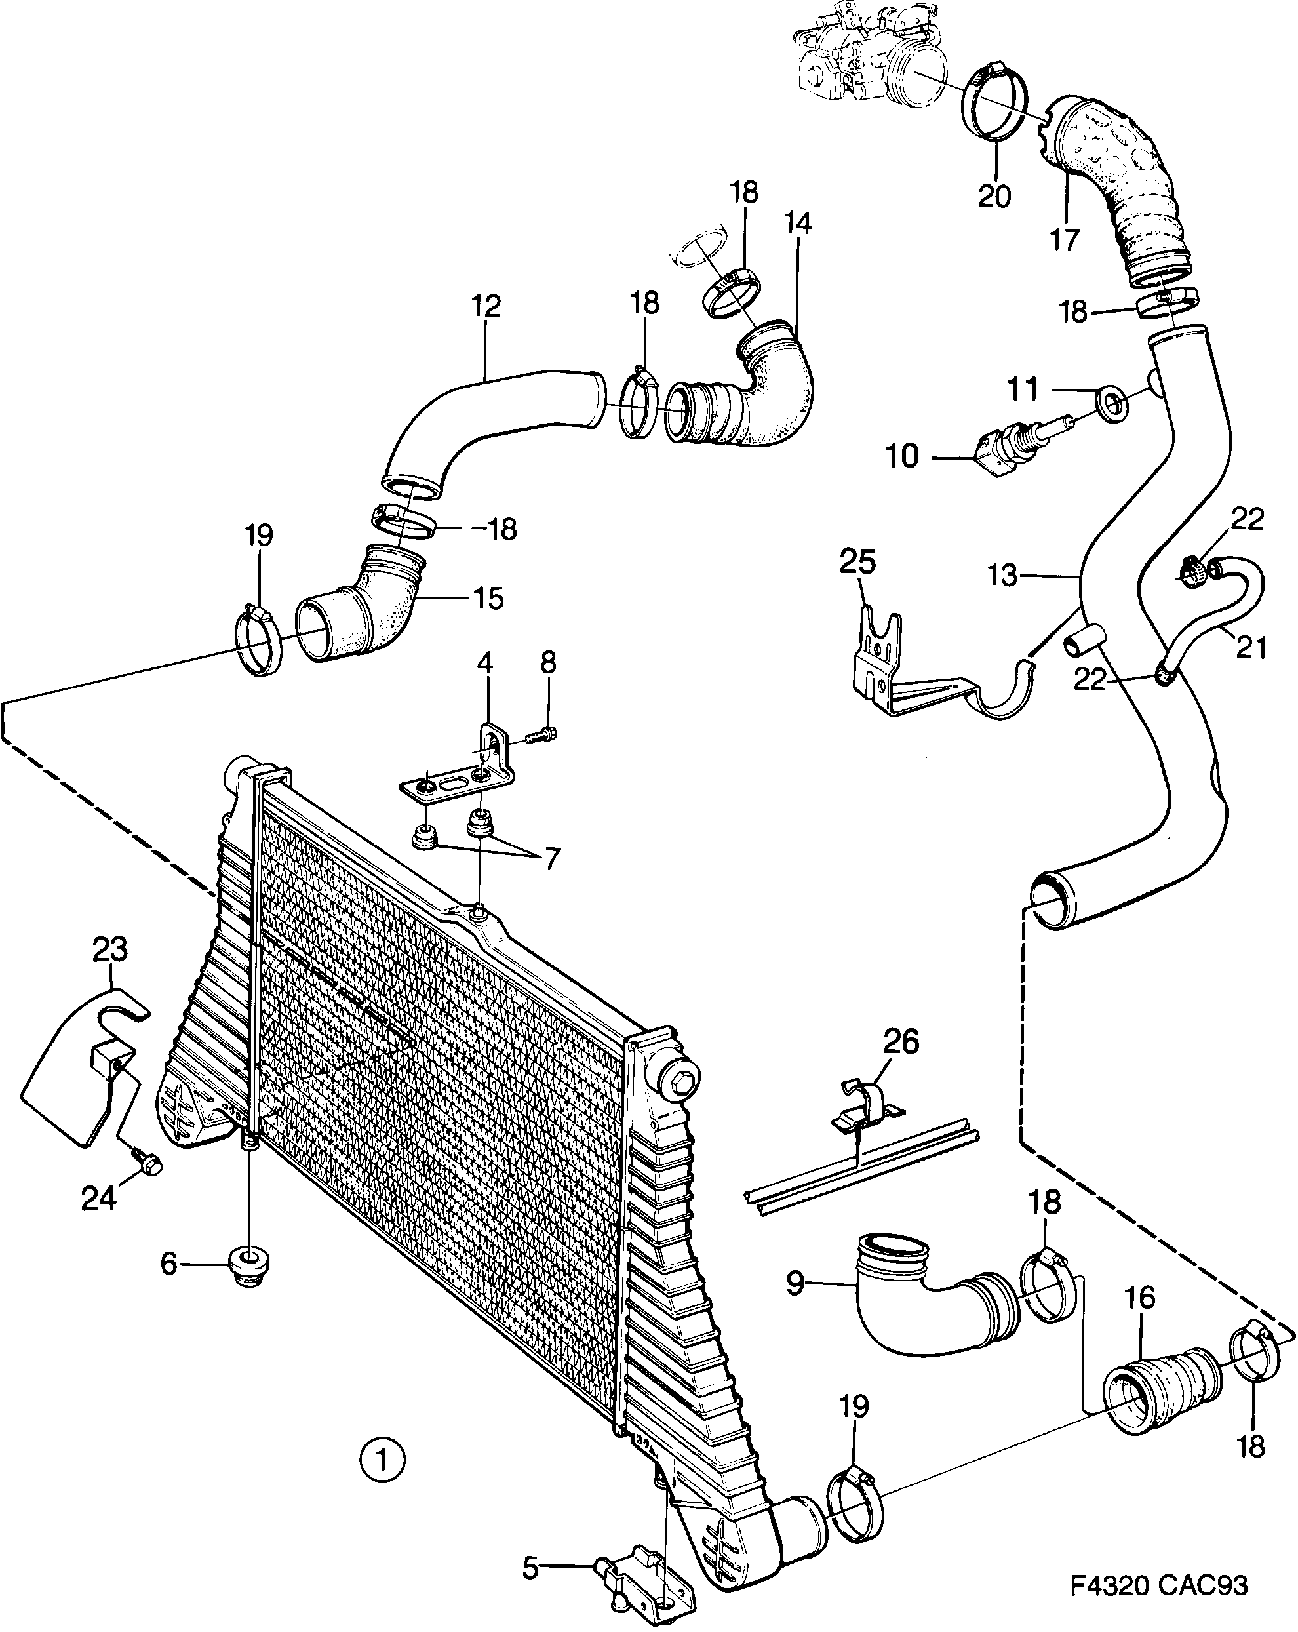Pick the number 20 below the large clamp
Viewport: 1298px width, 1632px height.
pyautogui.click(x=994, y=196)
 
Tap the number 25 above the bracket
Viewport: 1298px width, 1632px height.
pyautogui.click(x=857, y=563)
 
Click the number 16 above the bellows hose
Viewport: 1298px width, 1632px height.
pyautogui.click(x=1140, y=1298)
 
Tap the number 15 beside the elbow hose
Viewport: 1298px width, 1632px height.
pyautogui.click(x=488, y=598)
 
